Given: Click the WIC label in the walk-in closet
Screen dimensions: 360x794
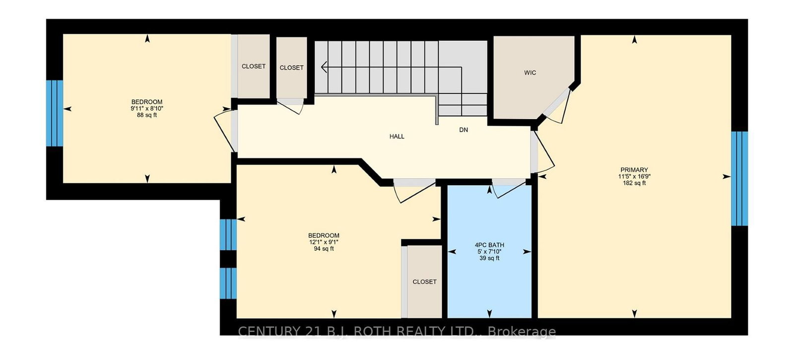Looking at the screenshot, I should (x=530, y=73).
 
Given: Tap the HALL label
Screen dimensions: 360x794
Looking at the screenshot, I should (x=397, y=137).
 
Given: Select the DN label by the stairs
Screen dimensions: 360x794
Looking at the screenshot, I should (x=463, y=130).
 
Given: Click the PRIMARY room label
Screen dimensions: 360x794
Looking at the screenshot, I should (x=634, y=170).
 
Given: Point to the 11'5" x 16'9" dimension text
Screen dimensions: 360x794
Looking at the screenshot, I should (x=634, y=176).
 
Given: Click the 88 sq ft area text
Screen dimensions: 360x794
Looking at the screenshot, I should (x=147, y=115).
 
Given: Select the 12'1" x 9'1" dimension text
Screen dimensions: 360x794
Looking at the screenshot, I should (x=324, y=242).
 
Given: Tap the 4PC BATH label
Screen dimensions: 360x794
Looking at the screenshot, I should (x=489, y=245).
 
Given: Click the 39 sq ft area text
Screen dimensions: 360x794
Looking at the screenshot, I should (x=489, y=258).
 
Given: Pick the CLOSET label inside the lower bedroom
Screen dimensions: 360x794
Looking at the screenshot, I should (x=424, y=282).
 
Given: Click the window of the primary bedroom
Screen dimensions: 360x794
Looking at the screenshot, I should (x=739, y=178).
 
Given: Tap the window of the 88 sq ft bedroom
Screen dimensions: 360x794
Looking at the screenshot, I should (x=55, y=113).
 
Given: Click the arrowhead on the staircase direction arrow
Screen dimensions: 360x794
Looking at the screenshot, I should (x=324, y=67).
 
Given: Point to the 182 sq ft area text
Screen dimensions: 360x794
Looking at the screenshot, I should (x=634, y=183).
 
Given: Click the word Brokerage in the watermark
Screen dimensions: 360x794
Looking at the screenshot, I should (x=522, y=332).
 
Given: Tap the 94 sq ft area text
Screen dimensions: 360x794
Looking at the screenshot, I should (x=324, y=249).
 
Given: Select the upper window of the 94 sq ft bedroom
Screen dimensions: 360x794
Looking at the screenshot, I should (x=228, y=234).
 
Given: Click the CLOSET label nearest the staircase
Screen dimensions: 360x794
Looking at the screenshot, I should (x=291, y=68).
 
